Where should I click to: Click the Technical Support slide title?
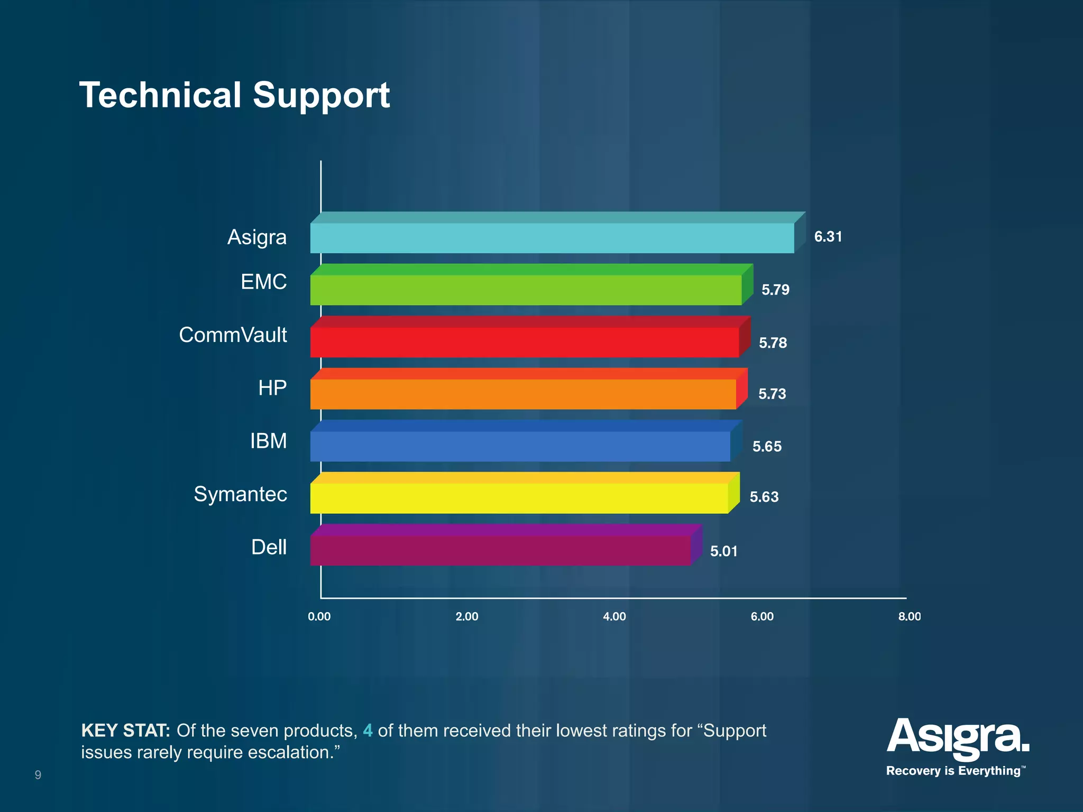pos(234,96)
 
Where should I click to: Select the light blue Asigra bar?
pos(552,238)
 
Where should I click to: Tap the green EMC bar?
pos(526,290)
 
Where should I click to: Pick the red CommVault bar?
pos(524,342)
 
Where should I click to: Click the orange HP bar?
pos(523,394)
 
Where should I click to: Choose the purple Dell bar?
pos(500,550)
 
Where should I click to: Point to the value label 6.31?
pos(828,237)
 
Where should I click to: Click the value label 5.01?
pos(723,551)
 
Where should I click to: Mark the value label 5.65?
pos(767,447)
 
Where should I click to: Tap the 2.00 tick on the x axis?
pos(467,616)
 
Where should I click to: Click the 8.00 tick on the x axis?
pos(909,616)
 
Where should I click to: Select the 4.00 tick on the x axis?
pos(614,616)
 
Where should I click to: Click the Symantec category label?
pos(240,494)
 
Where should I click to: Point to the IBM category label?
pos(268,441)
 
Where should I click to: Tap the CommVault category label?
pos(233,335)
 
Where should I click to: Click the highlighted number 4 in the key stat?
pos(368,731)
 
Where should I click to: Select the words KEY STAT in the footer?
pos(125,731)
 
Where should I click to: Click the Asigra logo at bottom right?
pos(958,737)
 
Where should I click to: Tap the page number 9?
pos(38,775)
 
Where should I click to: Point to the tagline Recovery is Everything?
pos(953,771)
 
